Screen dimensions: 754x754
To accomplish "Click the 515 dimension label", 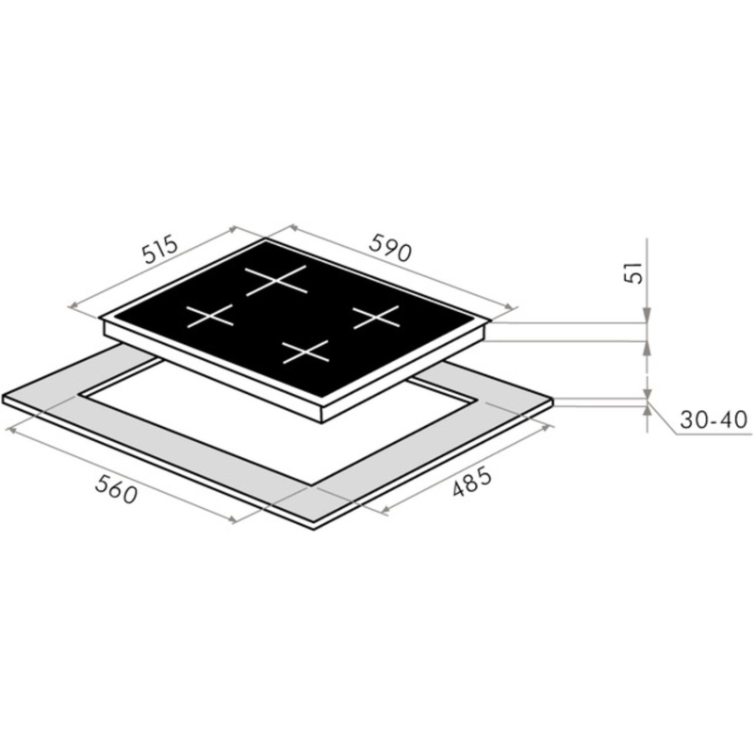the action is (x=160, y=249).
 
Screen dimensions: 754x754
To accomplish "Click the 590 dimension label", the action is (x=390, y=248).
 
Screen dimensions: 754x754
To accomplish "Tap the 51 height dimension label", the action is (x=634, y=272).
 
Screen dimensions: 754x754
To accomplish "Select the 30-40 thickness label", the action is (x=713, y=419).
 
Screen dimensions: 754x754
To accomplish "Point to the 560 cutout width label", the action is (x=116, y=489).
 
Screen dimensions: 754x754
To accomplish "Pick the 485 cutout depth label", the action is (x=472, y=483).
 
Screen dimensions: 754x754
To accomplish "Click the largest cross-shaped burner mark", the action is (x=276, y=279).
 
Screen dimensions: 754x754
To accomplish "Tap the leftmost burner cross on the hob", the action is (x=209, y=316).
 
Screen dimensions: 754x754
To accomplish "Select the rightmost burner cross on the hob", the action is (x=376, y=317).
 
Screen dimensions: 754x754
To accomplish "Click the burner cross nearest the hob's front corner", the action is (x=305, y=352).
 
